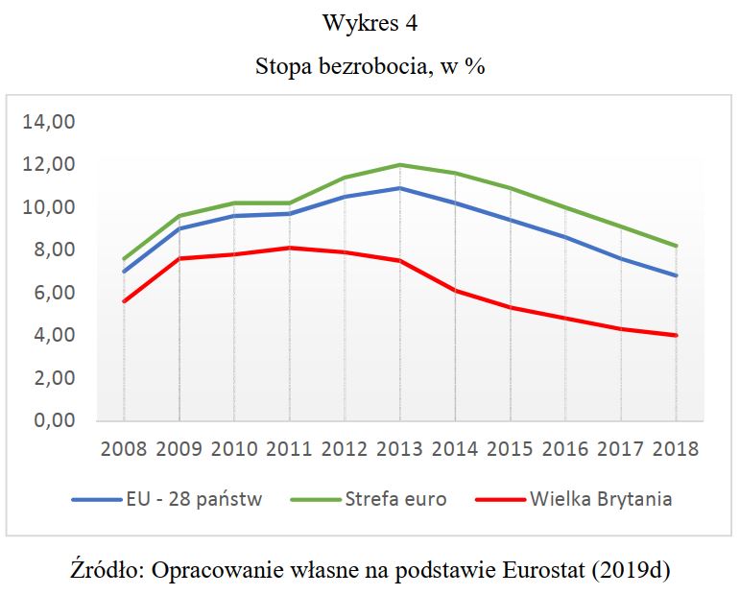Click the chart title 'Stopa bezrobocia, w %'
point(370,69)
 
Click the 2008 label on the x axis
point(124,449)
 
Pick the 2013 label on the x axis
point(400,449)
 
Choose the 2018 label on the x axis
point(676,449)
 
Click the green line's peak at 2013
point(400,164)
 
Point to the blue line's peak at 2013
point(400,188)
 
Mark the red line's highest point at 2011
point(290,248)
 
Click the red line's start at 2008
point(124,301)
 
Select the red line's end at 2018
point(676,335)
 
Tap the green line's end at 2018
point(676,246)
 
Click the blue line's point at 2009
point(179,228)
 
